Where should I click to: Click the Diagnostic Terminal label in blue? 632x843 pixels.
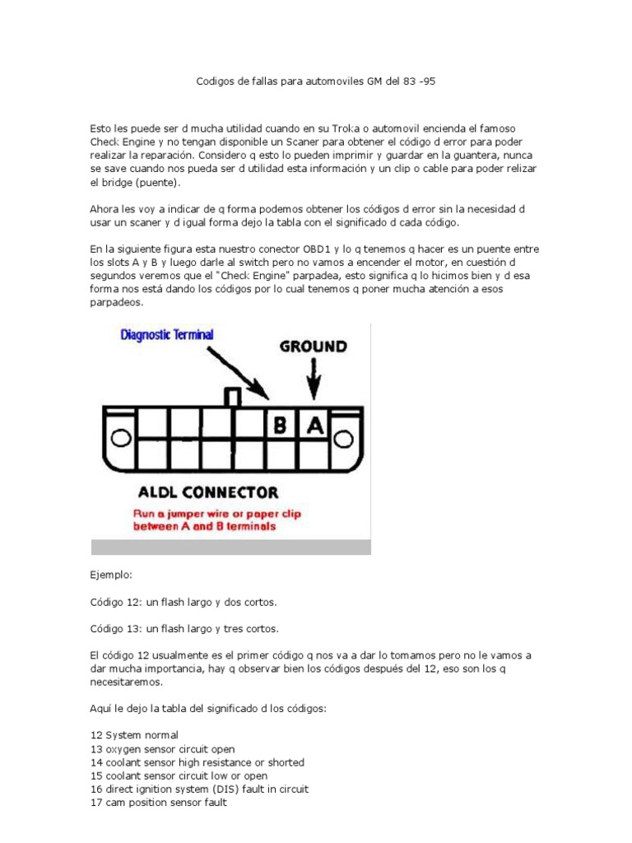coord(167,335)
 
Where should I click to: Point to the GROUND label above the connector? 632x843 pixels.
coord(313,347)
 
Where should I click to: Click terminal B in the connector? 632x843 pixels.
coord(280,426)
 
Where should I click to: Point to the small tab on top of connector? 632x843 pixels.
coord(233,397)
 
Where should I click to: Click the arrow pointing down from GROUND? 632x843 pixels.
coord(313,380)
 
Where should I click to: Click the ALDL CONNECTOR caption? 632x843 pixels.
coord(207,494)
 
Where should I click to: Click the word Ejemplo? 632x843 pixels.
coord(110,575)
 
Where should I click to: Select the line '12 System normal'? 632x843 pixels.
coord(133,734)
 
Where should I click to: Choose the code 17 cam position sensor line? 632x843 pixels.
coord(158,803)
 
